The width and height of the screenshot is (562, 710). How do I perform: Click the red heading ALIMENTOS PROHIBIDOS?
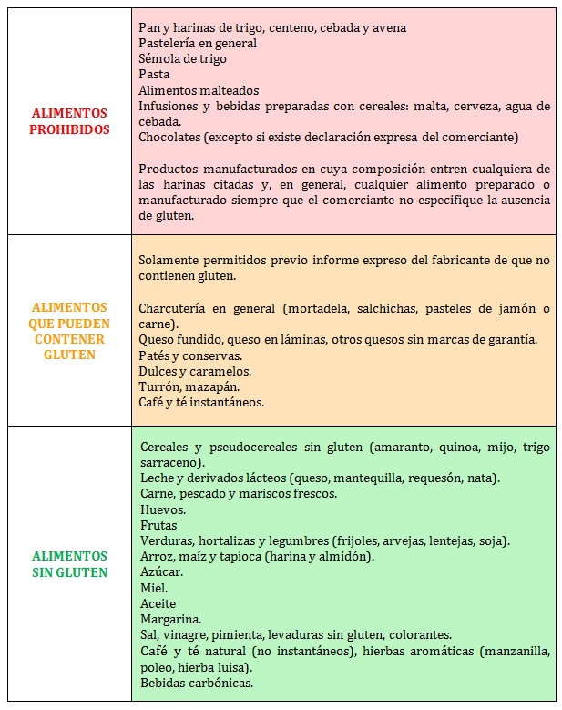pos(70,121)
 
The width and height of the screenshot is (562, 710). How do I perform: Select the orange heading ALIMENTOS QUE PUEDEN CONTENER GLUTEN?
pos(70,331)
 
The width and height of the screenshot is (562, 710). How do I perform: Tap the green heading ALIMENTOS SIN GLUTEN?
pos(70,564)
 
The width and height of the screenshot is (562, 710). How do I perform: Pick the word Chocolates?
pos(172,137)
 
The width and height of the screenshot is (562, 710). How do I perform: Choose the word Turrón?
pos(160,386)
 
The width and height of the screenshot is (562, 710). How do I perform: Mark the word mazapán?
pos(215,386)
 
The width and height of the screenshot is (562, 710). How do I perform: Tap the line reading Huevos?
pos(163,509)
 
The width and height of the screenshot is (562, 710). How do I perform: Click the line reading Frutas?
pos(158,525)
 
